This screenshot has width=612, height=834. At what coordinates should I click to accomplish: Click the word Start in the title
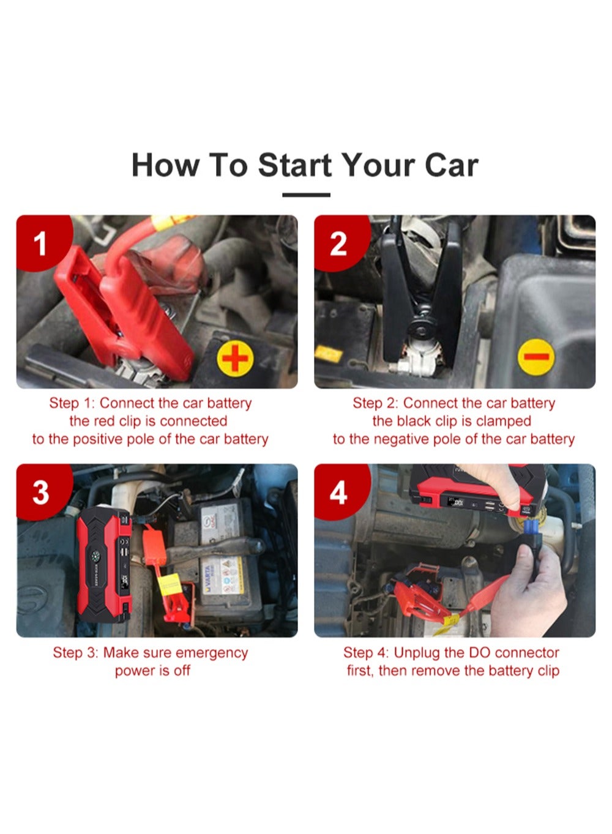(x=294, y=165)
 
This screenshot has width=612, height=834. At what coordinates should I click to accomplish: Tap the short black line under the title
(x=306, y=195)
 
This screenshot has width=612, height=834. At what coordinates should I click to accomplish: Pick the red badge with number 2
(x=340, y=242)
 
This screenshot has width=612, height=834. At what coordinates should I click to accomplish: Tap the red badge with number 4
(x=340, y=491)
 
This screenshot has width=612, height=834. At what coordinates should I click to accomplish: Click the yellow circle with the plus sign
(x=235, y=358)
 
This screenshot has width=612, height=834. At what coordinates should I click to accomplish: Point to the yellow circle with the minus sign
(x=536, y=357)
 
